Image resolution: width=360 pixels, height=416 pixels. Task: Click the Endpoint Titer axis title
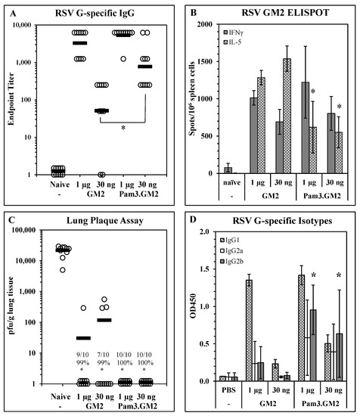10,98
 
